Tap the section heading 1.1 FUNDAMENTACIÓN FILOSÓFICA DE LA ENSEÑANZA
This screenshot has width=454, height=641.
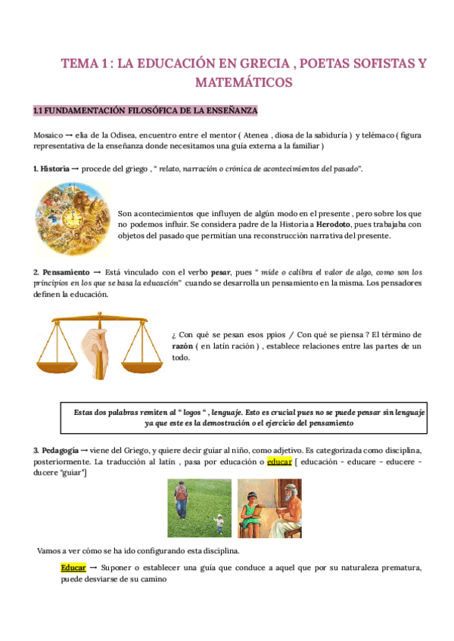146,111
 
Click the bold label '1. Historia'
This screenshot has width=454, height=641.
51,168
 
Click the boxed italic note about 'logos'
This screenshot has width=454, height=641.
244,418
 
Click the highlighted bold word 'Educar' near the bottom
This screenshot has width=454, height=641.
73,567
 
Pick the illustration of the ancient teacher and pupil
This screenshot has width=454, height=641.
269,509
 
